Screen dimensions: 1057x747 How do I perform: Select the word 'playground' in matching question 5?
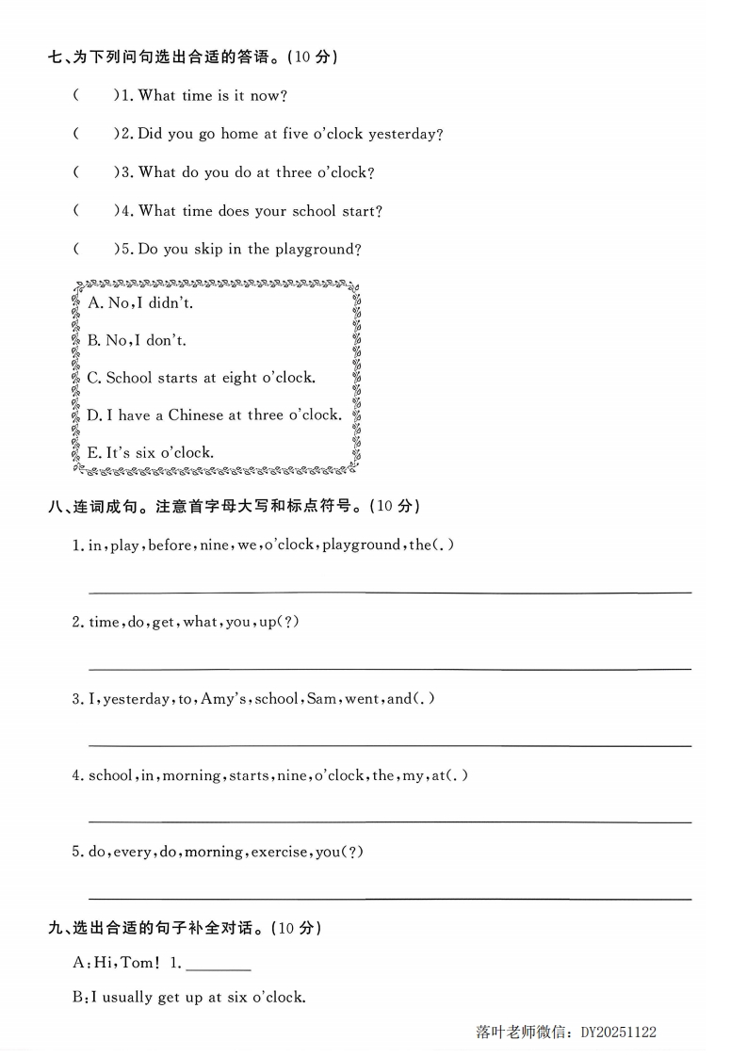[317, 250]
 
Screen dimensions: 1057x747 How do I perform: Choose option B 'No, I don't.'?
[137, 340]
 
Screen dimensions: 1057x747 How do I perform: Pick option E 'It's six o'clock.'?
[150, 452]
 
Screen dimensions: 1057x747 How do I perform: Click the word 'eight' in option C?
[239, 378]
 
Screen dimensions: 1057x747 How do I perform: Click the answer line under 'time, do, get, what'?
[389, 668]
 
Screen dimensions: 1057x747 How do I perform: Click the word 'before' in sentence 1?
[169, 545]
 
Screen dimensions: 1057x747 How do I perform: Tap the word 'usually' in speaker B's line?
[127, 997]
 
